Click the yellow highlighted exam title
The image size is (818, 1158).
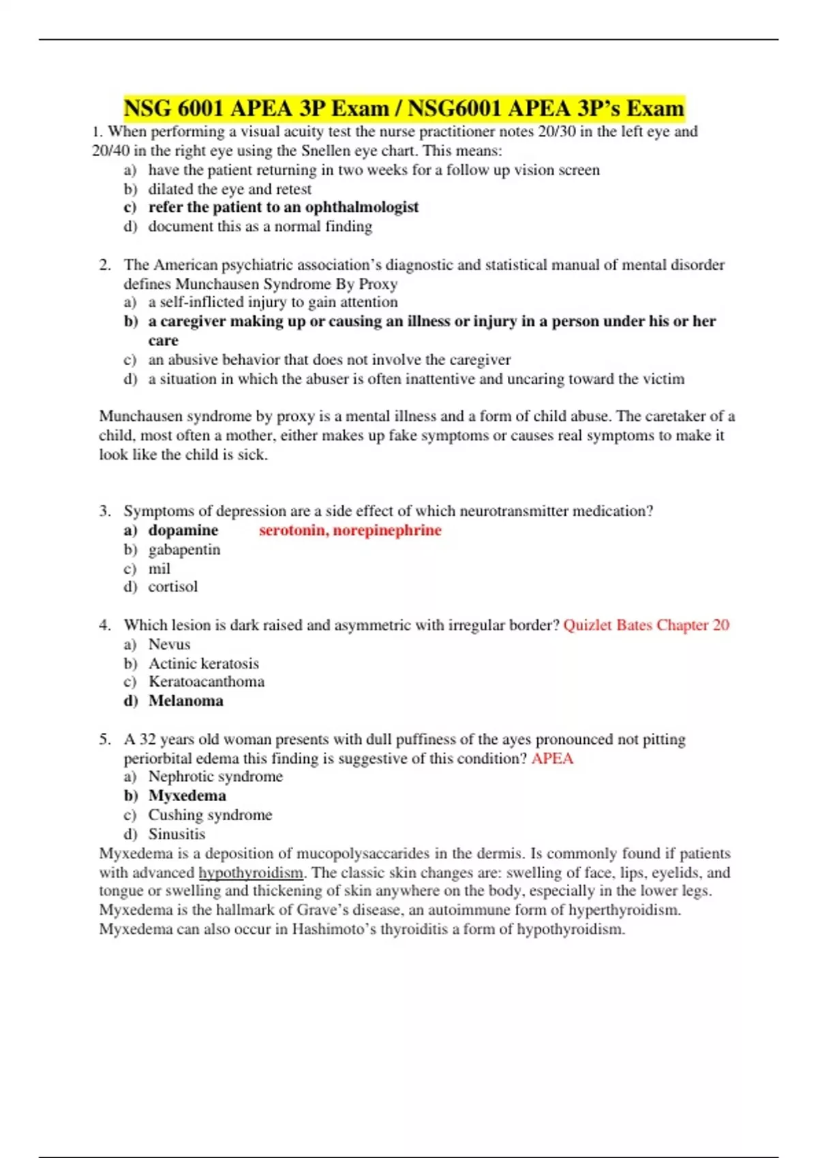(404, 108)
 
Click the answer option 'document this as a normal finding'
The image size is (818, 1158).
(260, 226)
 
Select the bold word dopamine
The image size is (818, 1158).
(183, 530)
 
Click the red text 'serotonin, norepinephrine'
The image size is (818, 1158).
(350, 530)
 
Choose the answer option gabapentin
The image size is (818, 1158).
(184, 549)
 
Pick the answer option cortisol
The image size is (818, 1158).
(173, 586)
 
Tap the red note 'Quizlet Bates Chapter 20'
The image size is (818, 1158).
(646, 625)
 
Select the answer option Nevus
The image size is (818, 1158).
(169, 644)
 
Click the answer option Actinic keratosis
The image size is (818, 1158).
(204, 663)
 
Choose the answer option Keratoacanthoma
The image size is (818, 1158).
(207, 681)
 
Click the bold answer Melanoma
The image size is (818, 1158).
(186, 700)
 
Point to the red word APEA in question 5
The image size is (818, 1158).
(552, 758)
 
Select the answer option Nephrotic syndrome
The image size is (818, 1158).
(215, 777)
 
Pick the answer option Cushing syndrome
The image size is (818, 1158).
(210, 815)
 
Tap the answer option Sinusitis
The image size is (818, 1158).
(177, 834)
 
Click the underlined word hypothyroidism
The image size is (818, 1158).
(251, 873)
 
